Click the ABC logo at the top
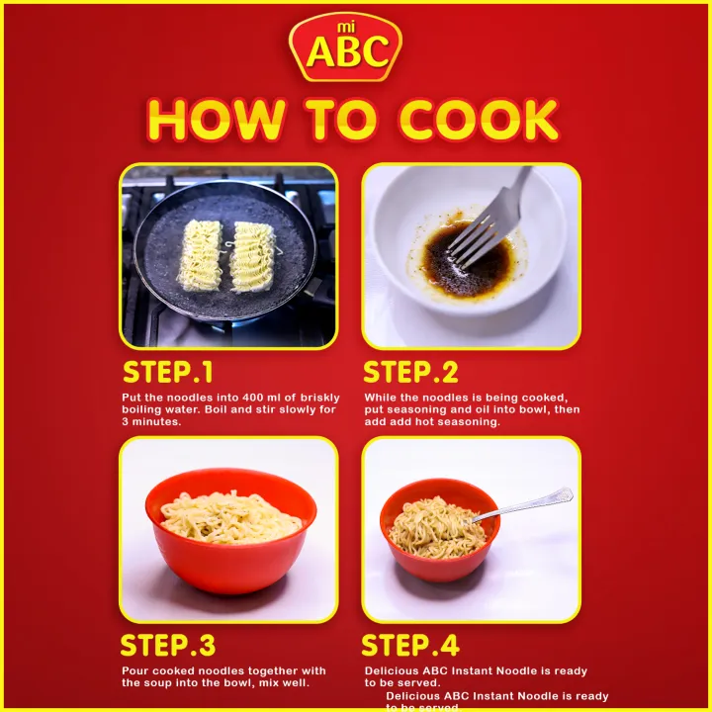[345, 49]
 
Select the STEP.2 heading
[410, 373]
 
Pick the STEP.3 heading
[167, 646]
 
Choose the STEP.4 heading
[410, 646]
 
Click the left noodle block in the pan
[203, 256]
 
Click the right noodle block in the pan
[252, 256]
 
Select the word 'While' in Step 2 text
[382, 397]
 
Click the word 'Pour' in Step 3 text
[136, 669]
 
